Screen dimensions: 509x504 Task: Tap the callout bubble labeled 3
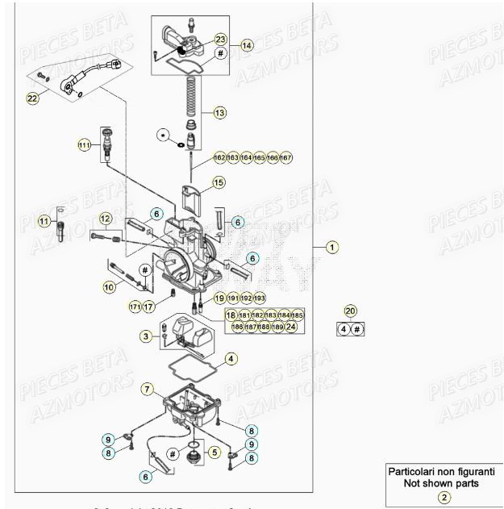click(x=145, y=336)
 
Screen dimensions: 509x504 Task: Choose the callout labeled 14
click(x=247, y=47)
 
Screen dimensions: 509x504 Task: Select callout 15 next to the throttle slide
click(x=219, y=183)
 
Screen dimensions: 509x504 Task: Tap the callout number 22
click(x=32, y=98)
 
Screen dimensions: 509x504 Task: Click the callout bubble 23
click(x=221, y=39)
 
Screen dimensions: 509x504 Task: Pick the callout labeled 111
click(x=84, y=145)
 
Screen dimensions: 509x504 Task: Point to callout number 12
click(x=105, y=219)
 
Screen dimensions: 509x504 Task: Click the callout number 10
click(x=109, y=286)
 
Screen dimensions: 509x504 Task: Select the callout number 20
click(x=349, y=311)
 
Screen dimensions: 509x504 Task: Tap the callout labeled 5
click(x=214, y=453)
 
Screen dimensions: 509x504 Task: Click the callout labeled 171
click(x=135, y=307)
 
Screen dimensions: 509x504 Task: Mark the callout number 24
click(x=291, y=327)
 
